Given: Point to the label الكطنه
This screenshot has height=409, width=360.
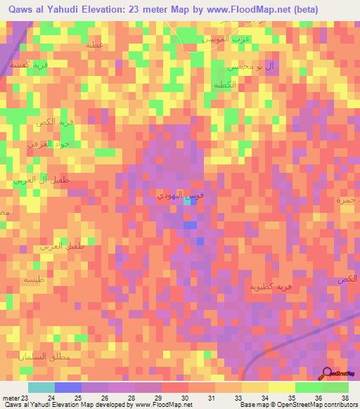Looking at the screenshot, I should click(219, 85).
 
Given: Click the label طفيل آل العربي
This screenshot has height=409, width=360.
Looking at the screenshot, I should click(34, 181).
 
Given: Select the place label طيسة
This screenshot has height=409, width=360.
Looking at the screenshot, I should click(33, 280).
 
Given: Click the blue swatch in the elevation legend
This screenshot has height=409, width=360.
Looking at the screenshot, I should click(67, 387).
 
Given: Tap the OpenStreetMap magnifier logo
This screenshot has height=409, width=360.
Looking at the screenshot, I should click(327, 373).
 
